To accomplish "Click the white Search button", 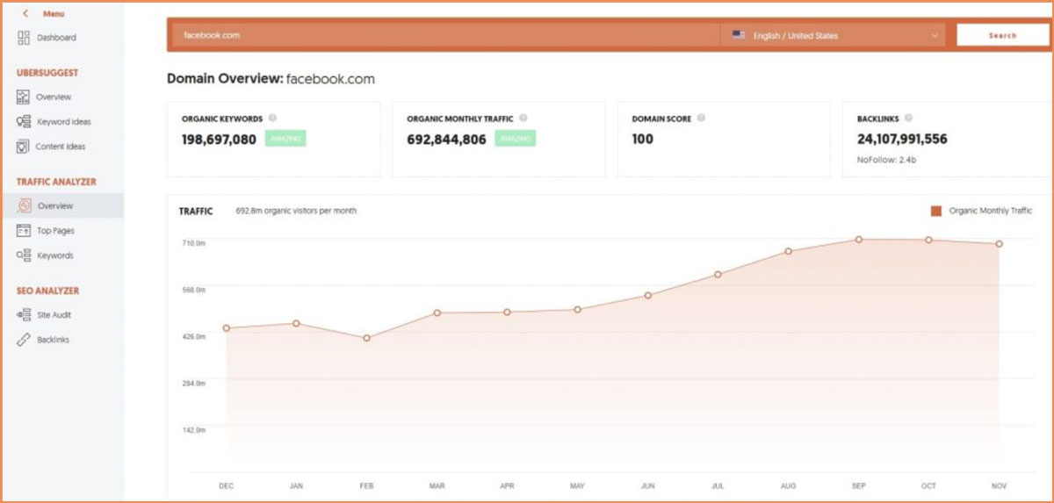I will [x=1001, y=36].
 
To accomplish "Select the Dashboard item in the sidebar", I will [x=56, y=38].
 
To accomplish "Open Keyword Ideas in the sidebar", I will [x=62, y=122].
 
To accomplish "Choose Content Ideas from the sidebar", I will [x=60, y=147].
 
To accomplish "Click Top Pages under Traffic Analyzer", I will [x=55, y=231].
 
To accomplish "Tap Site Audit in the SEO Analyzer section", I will [x=54, y=315].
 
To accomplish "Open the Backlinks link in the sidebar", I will [x=53, y=340].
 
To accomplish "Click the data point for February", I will [x=366, y=338].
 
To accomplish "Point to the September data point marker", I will [x=858, y=239].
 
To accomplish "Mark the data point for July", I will [x=718, y=275].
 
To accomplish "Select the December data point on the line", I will [x=226, y=328].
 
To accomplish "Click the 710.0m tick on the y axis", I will [x=193, y=242].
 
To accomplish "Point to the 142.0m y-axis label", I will [x=193, y=430].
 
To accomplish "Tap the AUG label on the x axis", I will [x=788, y=485].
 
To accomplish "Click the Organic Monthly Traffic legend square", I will [x=936, y=211].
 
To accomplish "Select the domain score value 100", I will [x=643, y=139].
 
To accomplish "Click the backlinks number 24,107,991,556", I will [x=902, y=139].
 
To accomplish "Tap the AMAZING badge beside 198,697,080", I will [x=285, y=139].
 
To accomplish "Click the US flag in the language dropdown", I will [x=739, y=36].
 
